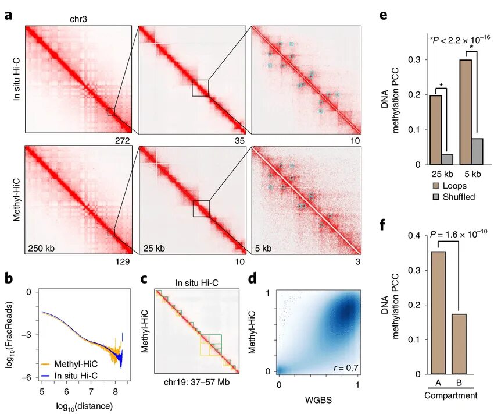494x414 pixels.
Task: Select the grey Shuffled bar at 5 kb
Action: click(x=476, y=151)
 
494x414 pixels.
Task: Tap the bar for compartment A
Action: click(x=438, y=313)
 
